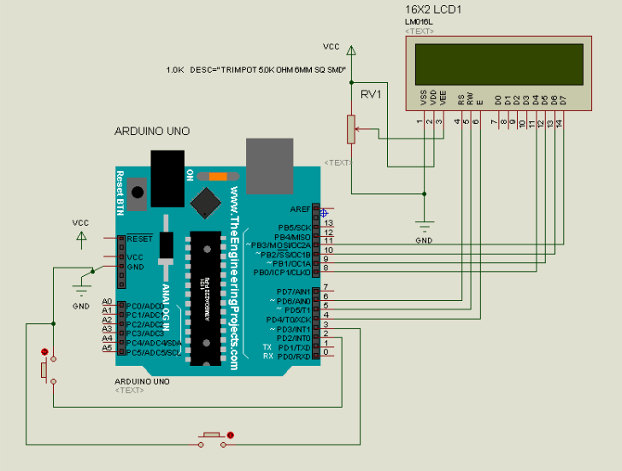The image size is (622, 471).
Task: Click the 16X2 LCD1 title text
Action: [434, 9]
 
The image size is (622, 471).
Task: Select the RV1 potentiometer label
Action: [371, 94]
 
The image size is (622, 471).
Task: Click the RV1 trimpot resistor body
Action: [349, 129]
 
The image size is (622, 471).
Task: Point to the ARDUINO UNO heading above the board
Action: [152, 131]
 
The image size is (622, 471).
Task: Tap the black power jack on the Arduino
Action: [165, 175]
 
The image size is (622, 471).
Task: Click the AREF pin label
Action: [300, 209]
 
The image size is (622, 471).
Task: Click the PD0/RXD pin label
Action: [291, 356]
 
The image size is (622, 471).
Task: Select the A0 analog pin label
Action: [107, 302]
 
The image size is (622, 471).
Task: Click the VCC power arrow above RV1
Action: [349, 53]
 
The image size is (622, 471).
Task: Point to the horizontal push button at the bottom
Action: [212, 438]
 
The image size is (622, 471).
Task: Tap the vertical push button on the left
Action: [44, 368]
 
